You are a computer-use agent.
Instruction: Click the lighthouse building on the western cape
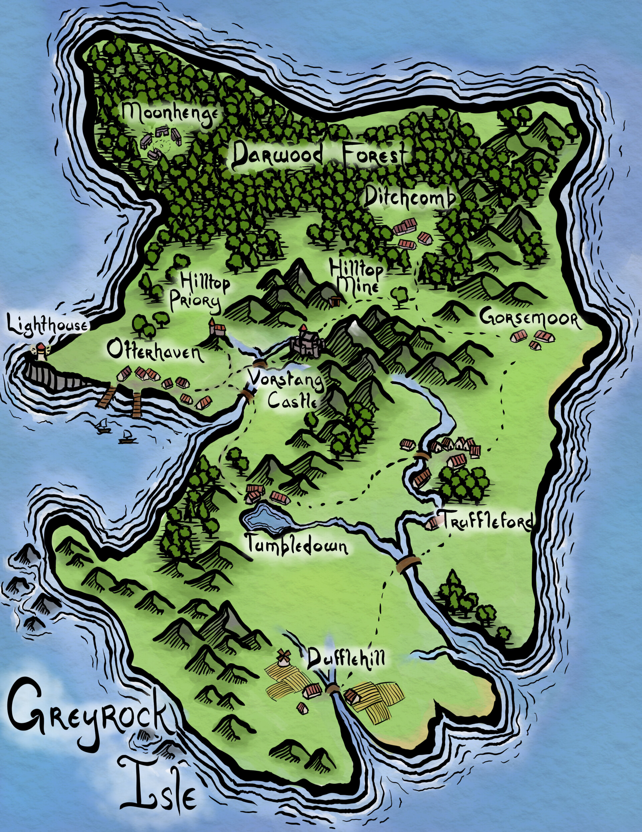click(41, 350)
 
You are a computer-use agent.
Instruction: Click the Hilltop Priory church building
click(215, 328)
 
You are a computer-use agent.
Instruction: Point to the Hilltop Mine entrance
click(335, 301)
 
